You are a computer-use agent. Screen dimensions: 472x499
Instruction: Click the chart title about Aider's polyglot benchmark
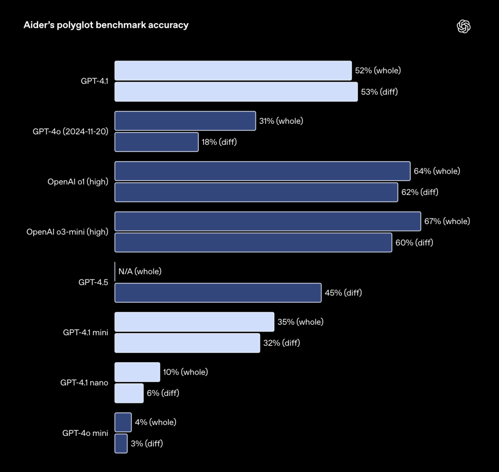click(106, 25)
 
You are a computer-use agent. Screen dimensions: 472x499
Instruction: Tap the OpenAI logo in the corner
click(463, 27)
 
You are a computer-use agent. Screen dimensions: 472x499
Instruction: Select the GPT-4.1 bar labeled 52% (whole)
click(233, 71)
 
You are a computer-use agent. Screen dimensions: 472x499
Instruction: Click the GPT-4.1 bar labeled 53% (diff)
click(236, 92)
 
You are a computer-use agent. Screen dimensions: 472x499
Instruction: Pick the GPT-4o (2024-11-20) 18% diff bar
click(156, 142)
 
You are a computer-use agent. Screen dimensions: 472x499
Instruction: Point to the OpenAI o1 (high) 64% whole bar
click(262, 171)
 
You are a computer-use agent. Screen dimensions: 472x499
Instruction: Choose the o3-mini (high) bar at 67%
click(268, 221)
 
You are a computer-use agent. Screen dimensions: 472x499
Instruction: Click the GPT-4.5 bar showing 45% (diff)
click(218, 293)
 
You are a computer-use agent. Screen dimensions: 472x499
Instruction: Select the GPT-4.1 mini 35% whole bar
click(194, 322)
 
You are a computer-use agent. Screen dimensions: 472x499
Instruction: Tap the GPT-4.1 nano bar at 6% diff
click(129, 393)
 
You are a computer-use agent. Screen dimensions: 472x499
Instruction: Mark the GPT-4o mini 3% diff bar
click(121, 443)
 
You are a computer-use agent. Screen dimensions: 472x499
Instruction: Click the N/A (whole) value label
click(140, 272)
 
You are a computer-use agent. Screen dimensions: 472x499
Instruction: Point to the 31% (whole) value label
click(281, 121)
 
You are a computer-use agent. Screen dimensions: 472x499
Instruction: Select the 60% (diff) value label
click(414, 242)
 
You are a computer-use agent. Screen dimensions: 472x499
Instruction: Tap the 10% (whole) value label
click(185, 372)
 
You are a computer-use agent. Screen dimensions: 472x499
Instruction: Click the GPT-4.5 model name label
click(93, 282)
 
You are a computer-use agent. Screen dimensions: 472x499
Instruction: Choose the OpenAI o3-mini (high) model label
click(67, 232)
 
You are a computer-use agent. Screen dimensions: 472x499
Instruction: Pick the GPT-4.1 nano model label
click(84, 383)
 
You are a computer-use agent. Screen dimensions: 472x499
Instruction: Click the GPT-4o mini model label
click(85, 433)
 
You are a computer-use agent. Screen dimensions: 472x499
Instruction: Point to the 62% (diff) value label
click(420, 192)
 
